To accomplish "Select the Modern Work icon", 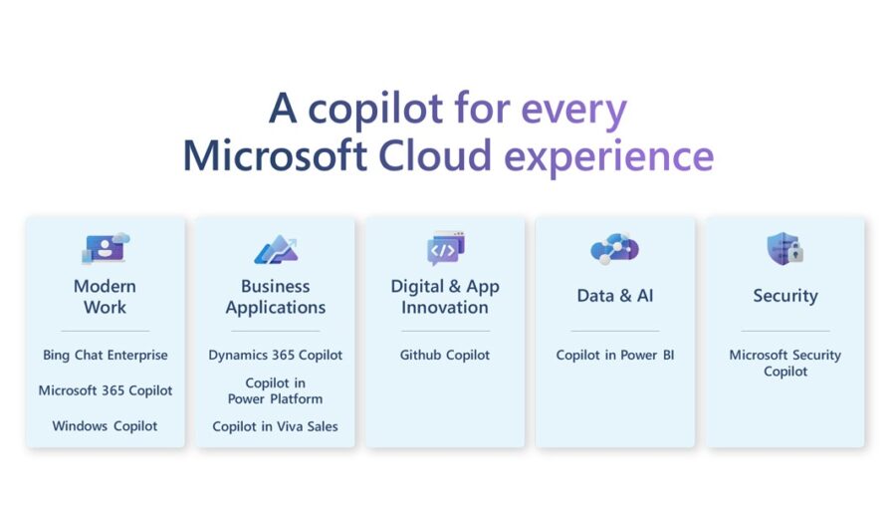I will click(x=106, y=248).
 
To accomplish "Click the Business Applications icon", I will click(x=276, y=248).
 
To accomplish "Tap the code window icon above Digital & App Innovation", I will click(x=445, y=248).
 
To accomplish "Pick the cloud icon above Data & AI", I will click(x=614, y=248).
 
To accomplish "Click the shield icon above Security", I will click(x=784, y=248).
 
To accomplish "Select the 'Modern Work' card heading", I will click(x=106, y=297).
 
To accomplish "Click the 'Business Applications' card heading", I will click(x=276, y=297).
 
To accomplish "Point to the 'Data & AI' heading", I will click(x=614, y=296).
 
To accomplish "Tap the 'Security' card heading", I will click(x=785, y=296).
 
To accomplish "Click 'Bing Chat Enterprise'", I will click(x=106, y=355).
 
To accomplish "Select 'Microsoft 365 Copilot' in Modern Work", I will click(x=106, y=390).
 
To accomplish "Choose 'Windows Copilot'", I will click(x=106, y=426).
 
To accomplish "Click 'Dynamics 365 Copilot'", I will click(x=276, y=355).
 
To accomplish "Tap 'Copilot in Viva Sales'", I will click(x=276, y=426).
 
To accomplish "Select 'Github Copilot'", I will click(x=445, y=355).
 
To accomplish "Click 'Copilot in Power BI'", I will click(x=615, y=355).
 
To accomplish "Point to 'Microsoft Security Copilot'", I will click(x=785, y=363).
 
